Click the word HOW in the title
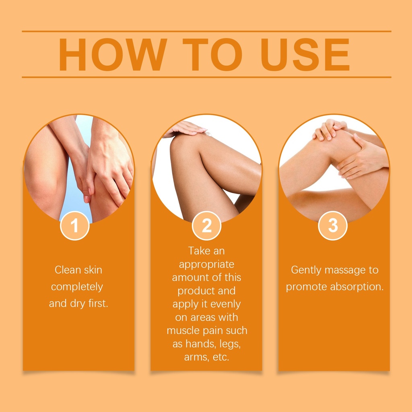[113, 54]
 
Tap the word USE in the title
[305, 54]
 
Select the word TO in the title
[212, 54]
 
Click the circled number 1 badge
[74, 226]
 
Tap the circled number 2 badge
[206, 226]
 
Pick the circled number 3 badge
[333, 226]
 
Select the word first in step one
[98, 303]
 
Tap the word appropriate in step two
[206, 265]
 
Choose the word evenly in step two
[226, 304]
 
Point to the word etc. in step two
[220, 357]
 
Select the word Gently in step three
[306, 270]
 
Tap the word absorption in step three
[357, 287]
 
